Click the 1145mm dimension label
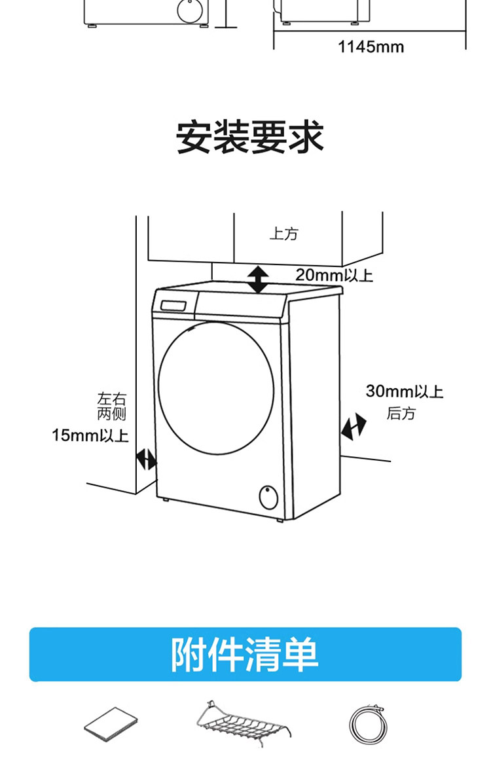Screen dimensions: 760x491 tap(371, 47)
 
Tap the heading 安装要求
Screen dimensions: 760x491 tap(250, 137)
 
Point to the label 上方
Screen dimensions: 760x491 tap(283, 234)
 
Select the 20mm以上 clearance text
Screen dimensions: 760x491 tap(333, 275)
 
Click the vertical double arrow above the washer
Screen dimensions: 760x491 tap(258, 280)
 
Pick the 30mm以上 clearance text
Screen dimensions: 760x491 tap(404, 391)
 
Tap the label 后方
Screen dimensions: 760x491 tap(400, 414)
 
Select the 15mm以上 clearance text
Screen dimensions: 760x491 tap(90, 435)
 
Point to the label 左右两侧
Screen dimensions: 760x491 tap(111, 406)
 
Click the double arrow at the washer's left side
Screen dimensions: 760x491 tap(146, 459)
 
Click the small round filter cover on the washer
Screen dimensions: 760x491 tap(268, 496)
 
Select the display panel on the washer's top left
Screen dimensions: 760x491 tap(174, 306)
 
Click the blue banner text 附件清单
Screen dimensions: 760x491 tap(245, 654)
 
